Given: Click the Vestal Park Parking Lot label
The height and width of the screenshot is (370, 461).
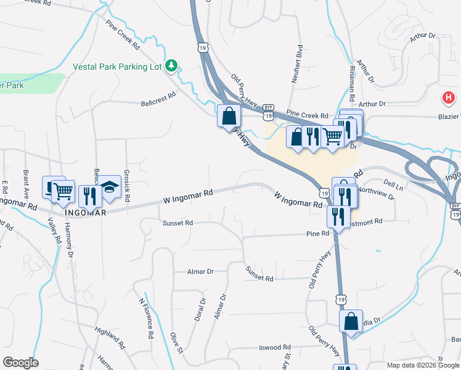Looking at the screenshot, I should click(117, 66).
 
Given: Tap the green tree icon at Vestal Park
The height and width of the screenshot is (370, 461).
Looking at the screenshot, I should click(172, 65).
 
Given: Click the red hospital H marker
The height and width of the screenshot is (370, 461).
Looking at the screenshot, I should click(449, 97).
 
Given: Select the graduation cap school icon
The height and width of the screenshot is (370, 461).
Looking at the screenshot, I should click(110, 187).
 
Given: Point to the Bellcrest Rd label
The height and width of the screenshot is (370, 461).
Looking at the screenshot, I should click(158, 100).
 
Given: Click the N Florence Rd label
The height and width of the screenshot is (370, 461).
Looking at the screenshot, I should click(146, 318).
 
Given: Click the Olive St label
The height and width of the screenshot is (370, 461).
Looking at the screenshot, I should click(177, 343).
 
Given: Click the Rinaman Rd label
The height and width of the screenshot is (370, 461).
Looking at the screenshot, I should click(352, 83).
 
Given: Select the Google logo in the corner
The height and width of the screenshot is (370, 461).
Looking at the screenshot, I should click(20, 363).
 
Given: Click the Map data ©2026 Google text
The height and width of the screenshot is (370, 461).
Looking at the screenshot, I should click(423, 365).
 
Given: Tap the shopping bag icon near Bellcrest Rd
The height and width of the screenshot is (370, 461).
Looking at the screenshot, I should click(229, 115).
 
